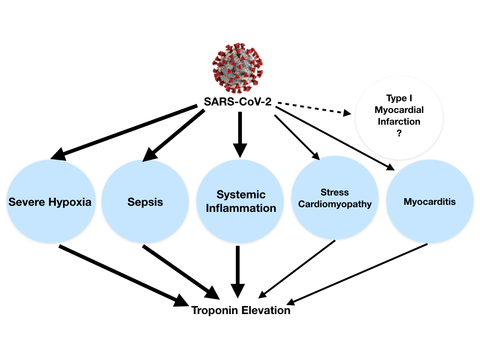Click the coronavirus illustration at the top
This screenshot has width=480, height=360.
tap(238, 67)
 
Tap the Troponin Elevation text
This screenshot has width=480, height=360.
tap(240, 310)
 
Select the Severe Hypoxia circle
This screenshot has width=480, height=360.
tap(50, 202)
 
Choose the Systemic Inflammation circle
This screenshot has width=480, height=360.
tap(241, 202)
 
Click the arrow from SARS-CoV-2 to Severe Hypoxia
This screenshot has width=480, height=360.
tap(124, 133)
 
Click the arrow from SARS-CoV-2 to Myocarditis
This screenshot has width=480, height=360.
tap(335, 138)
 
